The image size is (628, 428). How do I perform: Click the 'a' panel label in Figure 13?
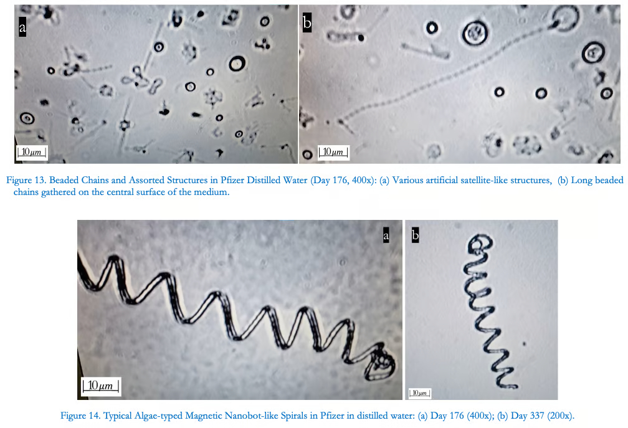coord(22,27)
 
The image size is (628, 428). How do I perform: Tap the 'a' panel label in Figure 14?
coord(386,235)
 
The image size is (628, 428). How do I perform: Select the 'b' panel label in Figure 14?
coord(416,235)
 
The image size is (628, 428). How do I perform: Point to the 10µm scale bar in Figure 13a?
coord(31,152)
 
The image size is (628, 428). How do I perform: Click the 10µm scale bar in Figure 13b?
coord(333,152)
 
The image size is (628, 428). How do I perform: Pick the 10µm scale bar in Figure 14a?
coord(100,386)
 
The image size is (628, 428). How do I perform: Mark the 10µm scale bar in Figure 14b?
coord(419,393)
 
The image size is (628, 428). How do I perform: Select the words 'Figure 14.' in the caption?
coord(80,416)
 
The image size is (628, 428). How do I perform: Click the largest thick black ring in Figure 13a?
coord(237,64)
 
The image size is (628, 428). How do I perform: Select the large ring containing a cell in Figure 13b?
coord(475,33)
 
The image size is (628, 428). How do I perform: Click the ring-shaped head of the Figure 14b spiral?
coord(480,244)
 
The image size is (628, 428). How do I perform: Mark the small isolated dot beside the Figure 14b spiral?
coord(524,343)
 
